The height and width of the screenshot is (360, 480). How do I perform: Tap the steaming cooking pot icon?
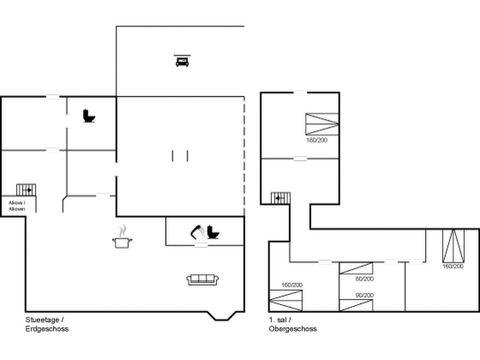pos(122,238)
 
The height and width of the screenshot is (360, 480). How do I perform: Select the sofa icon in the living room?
pos(202,280)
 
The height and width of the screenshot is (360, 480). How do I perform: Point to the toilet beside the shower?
pos(213,232)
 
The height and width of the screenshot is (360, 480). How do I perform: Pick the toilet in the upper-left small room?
pos(89,116)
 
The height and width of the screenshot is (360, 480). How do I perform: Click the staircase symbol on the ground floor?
pos(26,190)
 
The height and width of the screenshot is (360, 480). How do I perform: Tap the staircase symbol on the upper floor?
pos(280,198)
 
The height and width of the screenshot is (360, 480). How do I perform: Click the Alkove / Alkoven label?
pos(17,206)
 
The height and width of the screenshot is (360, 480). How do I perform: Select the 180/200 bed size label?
pos(317,140)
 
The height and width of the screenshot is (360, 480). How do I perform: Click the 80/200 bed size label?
pos(364,279)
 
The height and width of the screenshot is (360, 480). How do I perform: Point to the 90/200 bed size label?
pos(364,295)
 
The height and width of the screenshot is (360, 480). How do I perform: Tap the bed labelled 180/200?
pos(322,124)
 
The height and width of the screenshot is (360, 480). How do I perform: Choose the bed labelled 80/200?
pos(356,268)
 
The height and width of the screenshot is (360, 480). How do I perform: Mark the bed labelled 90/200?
pos(356,305)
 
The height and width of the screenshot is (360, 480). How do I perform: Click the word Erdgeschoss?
pos(47,329)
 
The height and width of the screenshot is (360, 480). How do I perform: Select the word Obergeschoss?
pos(293,329)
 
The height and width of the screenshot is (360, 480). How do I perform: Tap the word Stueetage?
pos(42,320)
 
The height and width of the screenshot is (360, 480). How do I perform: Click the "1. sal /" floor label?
pos(280,320)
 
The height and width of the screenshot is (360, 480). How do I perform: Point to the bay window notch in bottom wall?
pos(222,316)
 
